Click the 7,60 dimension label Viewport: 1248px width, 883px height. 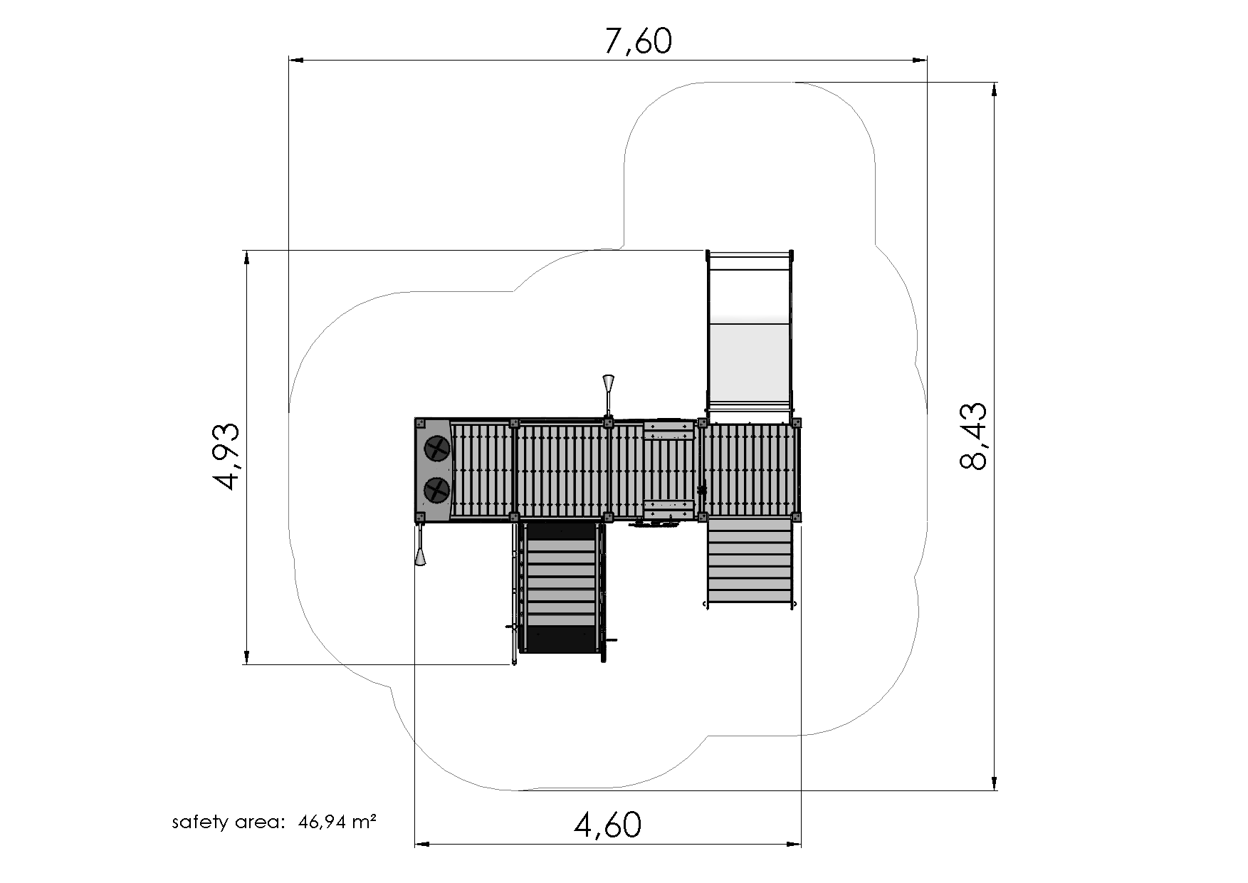coord(637,41)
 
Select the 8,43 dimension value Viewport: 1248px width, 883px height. coord(973,436)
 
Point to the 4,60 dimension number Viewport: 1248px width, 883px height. coord(607,825)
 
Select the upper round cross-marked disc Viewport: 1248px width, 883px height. coord(436,449)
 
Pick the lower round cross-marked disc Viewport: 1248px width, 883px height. coord(436,489)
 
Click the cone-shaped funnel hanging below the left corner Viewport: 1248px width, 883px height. coord(421,547)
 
